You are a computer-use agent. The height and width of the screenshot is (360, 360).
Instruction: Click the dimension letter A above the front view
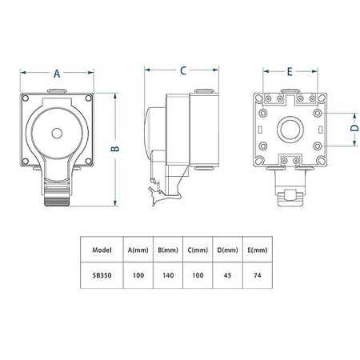pos(57,72)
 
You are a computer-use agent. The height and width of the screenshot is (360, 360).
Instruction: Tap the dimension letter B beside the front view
pos(115,149)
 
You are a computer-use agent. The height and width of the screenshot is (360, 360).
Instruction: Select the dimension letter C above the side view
pos(182,70)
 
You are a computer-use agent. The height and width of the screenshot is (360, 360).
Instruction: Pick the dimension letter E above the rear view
pos(290,71)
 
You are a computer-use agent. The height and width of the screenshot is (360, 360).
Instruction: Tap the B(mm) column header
pos(169,250)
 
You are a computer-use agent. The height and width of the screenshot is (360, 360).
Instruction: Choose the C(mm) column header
pos(197,250)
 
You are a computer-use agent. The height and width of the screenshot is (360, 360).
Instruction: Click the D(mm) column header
pos(230,250)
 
